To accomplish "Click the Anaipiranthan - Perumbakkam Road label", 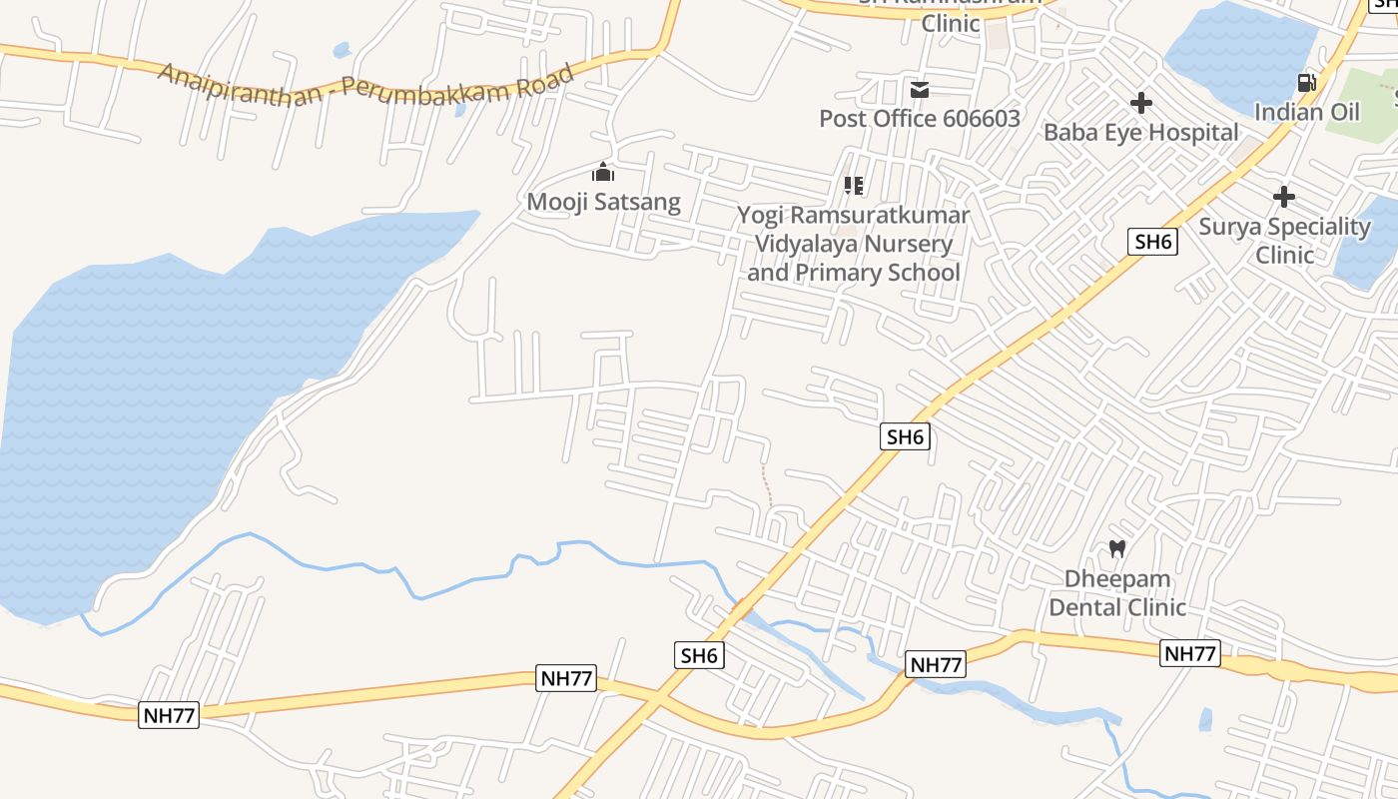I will (365, 86).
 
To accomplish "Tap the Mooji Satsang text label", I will (603, 202).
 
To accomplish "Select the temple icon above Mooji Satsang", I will (603, 172).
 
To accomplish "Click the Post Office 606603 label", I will (920, 119).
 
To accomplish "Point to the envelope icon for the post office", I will (920, 90).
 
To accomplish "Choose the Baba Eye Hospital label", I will (1140, 132).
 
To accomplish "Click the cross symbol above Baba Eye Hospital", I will (1140, 103).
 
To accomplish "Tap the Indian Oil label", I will (1307, 111).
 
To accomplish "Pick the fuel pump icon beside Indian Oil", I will (1306, 83).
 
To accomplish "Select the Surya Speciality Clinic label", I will (1284, 241).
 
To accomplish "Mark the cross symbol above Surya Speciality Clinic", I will (1284, 197).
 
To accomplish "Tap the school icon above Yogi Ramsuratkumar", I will (853, 186).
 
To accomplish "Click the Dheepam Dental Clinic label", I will (1117, 593).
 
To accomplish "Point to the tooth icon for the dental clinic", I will (1117, 548).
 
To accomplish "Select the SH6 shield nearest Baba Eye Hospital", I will (1153, 242).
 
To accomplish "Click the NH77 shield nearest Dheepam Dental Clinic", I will (1191, 654).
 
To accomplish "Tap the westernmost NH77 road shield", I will (169, 715).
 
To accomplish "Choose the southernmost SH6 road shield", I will (699, 656).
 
